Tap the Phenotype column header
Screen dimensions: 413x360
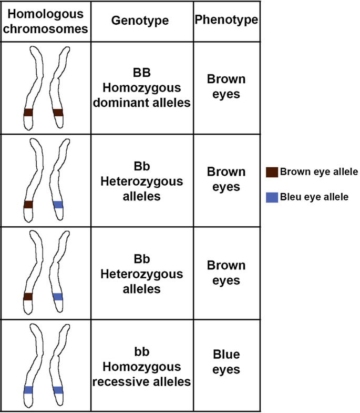[226, 20]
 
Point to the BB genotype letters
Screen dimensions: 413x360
[141, 73]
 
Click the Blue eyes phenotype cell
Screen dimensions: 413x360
[226, 362]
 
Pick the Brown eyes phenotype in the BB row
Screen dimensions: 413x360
[226, 87]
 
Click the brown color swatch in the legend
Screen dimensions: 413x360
[272, 172]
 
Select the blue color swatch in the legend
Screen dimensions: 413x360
[272, 197]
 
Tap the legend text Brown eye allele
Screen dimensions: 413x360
[319, 172]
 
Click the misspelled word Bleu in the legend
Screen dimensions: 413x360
[291, 197]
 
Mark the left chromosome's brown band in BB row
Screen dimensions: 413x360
[28, 113]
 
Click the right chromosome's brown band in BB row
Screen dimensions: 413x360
[58, 113]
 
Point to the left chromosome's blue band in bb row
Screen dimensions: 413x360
[28, 390]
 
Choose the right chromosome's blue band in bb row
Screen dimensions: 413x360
[58, 390]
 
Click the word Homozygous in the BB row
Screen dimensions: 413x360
[141, 88]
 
